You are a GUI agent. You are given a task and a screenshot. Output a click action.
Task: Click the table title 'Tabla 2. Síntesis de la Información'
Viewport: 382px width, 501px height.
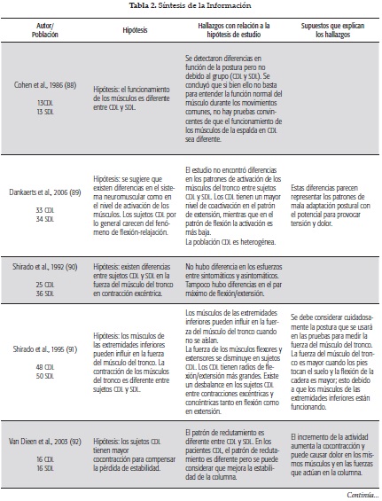tap(191, 6)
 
